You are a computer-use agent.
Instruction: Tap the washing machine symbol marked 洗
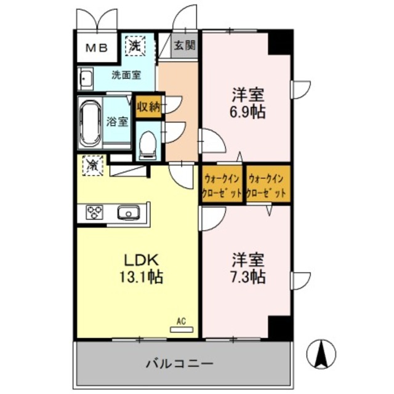pos(133,45)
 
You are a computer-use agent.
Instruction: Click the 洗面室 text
pos(126,75)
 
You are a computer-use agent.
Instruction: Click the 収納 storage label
pos(148,105)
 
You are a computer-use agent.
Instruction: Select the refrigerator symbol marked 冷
pos(92,165)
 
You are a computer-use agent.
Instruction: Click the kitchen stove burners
pos(95,212)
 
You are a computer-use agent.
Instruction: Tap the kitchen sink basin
pos(129,212)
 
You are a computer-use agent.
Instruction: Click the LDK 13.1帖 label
pos(139,268)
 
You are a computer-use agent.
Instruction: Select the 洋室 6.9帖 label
pos(247,103)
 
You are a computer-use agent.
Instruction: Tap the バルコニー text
pos(180,363)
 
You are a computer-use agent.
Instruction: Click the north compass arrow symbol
pos(321,353)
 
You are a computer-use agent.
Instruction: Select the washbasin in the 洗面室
pos(86,79)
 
